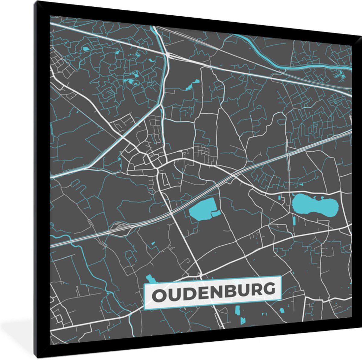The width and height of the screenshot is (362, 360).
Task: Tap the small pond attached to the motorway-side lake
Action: [x=216, y=214]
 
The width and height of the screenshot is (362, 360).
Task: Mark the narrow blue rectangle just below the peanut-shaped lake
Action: [x=294, y=221]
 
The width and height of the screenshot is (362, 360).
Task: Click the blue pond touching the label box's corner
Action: [x=150, y=279]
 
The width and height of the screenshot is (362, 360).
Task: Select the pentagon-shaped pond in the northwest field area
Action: [x=86, y=48]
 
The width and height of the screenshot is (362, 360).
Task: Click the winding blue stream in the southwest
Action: [x=100, y=272]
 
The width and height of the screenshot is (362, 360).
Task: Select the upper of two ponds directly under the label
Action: [x=237, y=310]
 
